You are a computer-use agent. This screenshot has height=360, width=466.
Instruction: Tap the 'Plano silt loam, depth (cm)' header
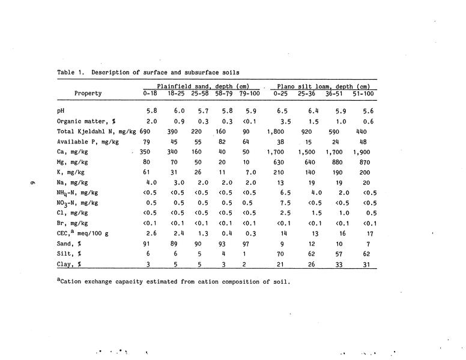click(322, 86)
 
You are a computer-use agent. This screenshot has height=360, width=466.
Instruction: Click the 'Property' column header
click(88, 94)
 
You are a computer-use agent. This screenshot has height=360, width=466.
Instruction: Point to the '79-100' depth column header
click(250, 94)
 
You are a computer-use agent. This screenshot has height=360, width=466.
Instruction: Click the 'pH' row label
click(61, 111)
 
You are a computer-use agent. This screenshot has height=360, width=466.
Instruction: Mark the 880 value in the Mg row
click(334, 162)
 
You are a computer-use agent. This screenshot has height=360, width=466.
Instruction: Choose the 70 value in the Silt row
click(280, 254)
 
